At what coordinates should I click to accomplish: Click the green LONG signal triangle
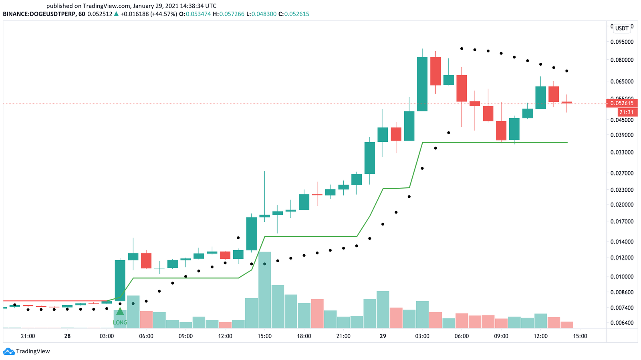pos(120,311)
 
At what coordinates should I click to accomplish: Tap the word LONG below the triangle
pos(120,322)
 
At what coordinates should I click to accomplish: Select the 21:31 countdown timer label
pos(626,113)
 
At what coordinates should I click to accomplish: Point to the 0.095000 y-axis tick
pos(622,42)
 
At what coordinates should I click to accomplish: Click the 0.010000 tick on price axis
pos(622,277)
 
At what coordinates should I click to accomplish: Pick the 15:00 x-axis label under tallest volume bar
pos(264,336)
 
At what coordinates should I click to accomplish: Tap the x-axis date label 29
pos(383,336)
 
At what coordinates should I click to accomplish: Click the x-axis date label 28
pos(67,336)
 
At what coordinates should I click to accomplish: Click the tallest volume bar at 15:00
pos(264,290)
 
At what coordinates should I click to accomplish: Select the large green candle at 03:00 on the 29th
pos(422,84)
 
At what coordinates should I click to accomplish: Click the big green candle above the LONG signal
pos(120,280)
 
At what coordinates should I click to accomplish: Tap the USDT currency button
pos(622,28)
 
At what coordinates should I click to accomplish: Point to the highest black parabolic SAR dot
pos(462,48)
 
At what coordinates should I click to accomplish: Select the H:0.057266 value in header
pos(228,14)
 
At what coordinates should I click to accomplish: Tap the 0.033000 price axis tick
pos(622,153)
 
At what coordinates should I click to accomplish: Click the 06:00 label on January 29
pos(462,336)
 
